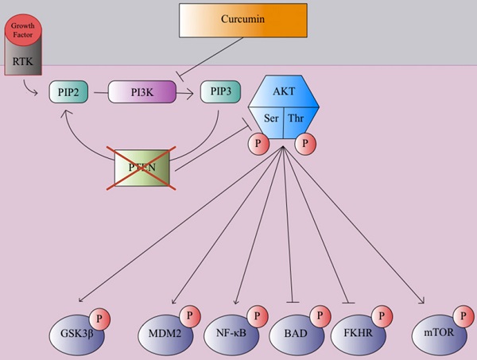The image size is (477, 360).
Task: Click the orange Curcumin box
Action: (242, 20)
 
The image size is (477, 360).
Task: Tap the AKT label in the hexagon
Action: (285, 91)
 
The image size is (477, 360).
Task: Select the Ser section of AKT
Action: (270, 118)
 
